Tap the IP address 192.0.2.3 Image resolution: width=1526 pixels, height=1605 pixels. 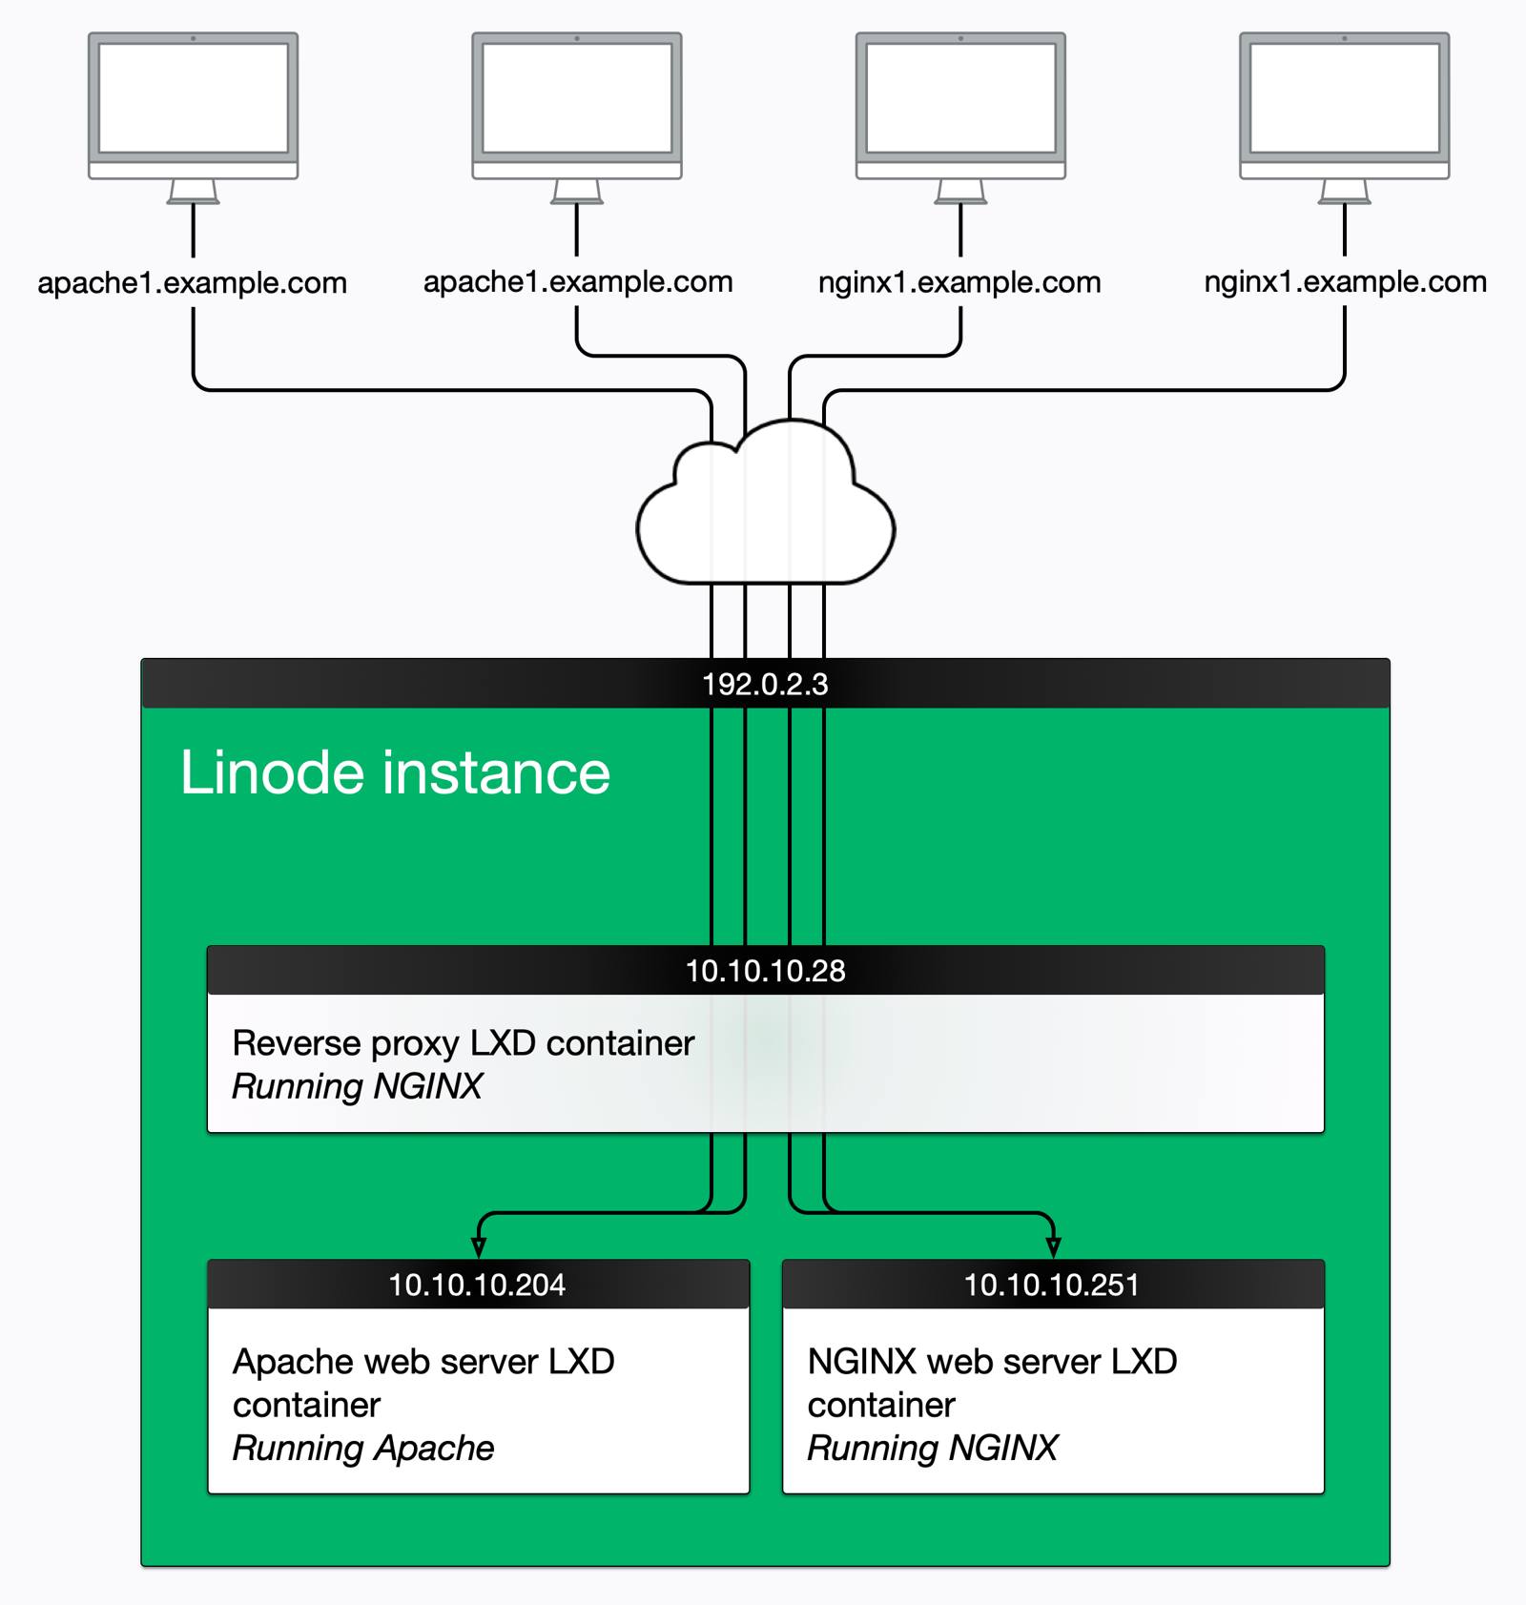click(765, 685)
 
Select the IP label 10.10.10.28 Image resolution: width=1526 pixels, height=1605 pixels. click(765, 971)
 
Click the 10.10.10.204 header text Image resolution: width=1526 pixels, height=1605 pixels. click(477, 1285)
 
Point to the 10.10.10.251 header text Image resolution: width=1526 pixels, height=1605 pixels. click(1051, 1285)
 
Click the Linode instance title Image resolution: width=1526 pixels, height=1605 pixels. click(395, 772)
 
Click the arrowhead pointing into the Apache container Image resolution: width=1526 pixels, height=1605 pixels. click(479, 1247)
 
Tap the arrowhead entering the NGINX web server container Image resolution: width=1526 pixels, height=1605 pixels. click(1053, 1247)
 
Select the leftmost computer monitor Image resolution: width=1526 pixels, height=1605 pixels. click(193, 105)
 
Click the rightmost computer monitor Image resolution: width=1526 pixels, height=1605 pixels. click(1344, 105)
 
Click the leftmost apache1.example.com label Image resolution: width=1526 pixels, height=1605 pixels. click(192, 283)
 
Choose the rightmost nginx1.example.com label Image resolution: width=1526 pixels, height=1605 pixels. click(1345, 282)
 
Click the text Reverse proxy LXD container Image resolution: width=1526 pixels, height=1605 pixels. click(463, 1043)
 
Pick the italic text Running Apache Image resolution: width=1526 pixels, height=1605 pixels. click(363, 1448)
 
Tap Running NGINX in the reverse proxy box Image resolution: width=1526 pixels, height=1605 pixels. click(358, 1086)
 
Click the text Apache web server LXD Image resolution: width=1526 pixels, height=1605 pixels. click(423, 1362)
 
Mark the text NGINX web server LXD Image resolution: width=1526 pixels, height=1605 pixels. click(992, 1362)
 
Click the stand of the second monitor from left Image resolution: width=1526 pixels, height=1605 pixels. click(577, 192)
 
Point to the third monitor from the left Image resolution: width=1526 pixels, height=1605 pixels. click(960, 105)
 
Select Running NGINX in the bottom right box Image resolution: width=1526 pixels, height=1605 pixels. click(933, 1448)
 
